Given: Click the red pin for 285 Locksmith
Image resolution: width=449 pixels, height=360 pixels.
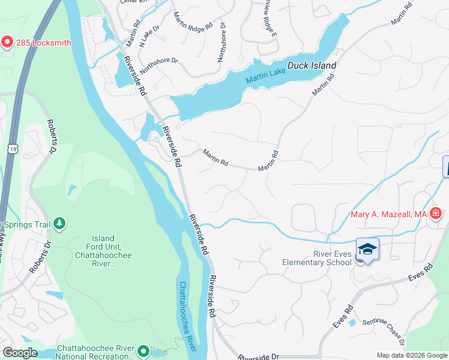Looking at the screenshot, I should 7,42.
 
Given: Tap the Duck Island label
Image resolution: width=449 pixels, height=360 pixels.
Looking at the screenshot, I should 311,65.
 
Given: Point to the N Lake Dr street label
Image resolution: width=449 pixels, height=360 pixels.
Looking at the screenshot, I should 149,35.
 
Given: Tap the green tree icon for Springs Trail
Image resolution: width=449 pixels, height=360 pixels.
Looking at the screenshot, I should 59,224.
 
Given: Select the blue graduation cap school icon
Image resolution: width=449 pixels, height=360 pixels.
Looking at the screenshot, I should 367,249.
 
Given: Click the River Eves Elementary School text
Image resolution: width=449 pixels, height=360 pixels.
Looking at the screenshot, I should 317,257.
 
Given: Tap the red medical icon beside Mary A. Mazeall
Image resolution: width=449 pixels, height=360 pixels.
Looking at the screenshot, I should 436,214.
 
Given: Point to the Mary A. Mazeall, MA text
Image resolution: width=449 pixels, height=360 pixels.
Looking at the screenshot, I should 388,214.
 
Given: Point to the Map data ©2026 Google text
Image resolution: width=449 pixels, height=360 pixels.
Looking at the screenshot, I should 411,355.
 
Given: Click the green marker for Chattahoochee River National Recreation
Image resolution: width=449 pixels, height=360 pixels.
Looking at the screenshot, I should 143,350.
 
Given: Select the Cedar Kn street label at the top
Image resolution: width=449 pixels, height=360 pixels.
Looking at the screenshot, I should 133,2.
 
